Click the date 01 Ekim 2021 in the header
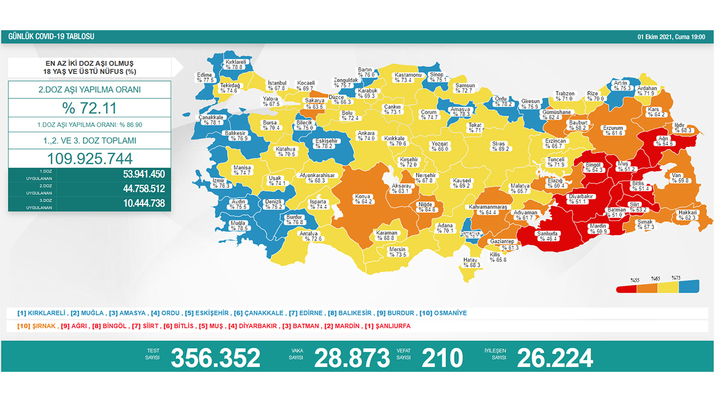655,37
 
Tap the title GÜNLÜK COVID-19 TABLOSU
51,37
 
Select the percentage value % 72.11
89,108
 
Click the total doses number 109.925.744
89,158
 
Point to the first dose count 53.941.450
144,174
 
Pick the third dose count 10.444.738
144,203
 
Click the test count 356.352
215,358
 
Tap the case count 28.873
352,358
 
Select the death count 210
442,358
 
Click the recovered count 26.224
555,358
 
